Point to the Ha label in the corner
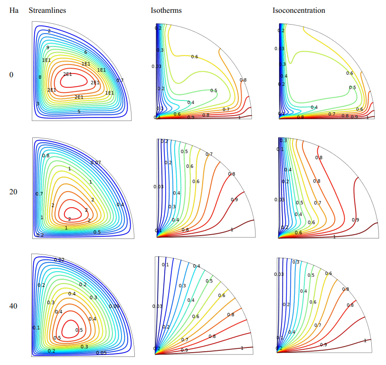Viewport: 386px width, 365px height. click(14, 10)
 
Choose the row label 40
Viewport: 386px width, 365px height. click(14, 306)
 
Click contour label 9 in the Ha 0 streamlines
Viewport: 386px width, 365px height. click(47, 47)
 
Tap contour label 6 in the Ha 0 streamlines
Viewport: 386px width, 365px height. click(85, 52)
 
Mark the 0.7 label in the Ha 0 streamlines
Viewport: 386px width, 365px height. click(120, 80)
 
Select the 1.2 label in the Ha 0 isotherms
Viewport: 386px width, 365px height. click(161, 89)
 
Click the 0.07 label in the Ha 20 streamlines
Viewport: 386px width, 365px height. click(95, 163)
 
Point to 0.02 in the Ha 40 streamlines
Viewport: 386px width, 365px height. click(59, 260)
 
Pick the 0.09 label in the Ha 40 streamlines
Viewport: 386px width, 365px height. click(114, 306)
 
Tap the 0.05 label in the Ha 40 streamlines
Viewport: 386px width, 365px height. click(101, 353)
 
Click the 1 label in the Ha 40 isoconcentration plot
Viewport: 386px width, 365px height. click(365, 340)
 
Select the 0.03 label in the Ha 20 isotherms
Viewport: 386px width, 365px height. click(158, 186)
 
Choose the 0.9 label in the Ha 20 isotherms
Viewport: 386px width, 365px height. click(234, 200)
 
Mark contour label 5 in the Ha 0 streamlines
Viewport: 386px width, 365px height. click(78, 112)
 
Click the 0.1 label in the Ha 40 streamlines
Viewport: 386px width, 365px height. click(36, 328)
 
